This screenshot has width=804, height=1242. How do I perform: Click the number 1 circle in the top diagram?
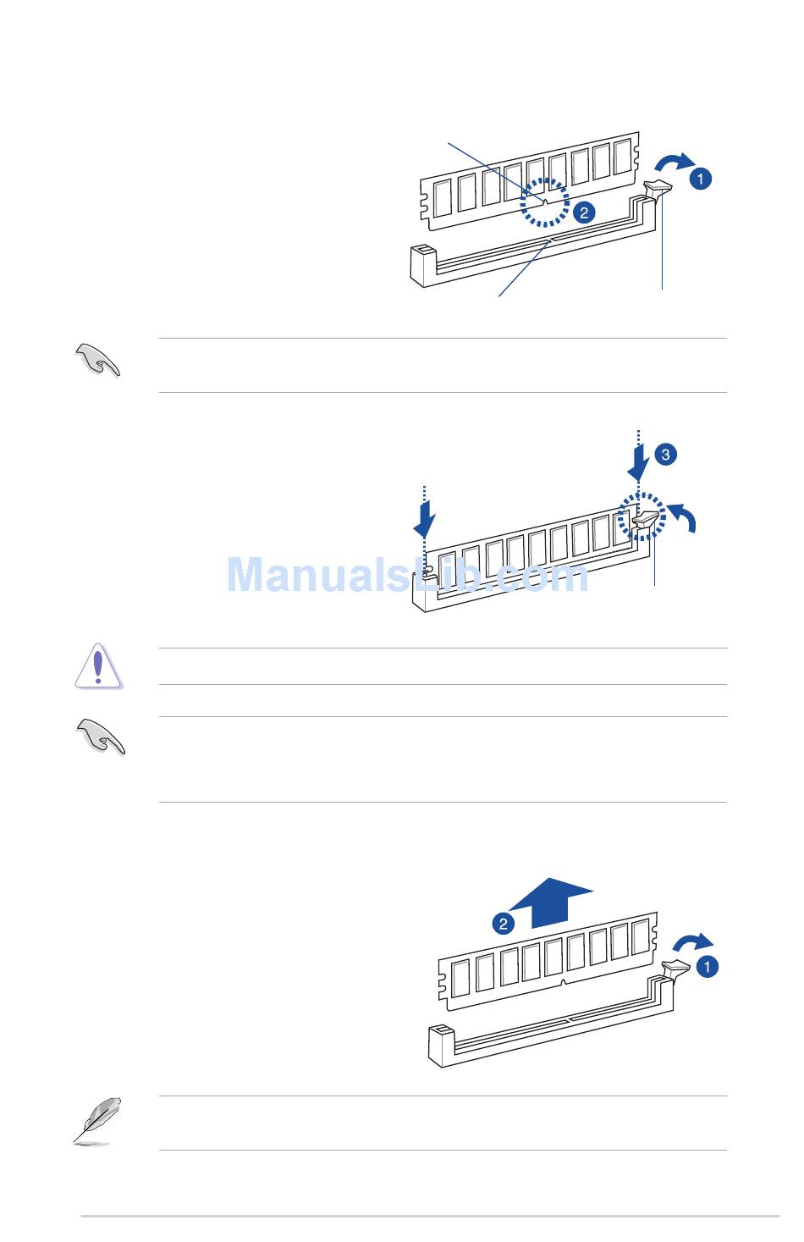pos(701,179)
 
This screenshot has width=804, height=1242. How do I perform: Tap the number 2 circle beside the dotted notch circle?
pos(584,213)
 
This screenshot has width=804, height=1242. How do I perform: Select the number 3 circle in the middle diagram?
pos(665,455)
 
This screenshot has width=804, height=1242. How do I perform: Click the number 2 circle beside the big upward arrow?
pos(503,924)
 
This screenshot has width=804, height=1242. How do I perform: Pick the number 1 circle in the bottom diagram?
pos(707,967)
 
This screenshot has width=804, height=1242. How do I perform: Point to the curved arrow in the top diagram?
pos(674,162)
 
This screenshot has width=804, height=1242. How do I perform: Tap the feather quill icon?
pos(97,1121)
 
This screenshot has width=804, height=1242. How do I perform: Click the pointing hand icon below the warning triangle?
pos(101,737)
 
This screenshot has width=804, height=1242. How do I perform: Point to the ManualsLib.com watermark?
pos(408,574)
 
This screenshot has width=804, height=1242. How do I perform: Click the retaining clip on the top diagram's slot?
pos(658,190)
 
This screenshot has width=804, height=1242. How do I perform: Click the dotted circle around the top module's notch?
pos(545,179)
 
